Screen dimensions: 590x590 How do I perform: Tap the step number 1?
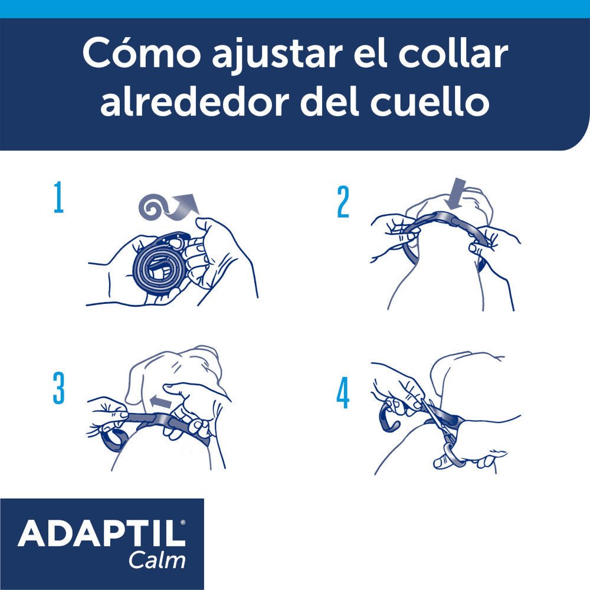coord(58,199)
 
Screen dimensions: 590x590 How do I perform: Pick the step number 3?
coord(58,389)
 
